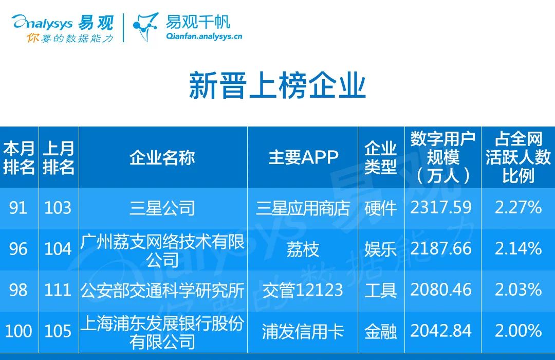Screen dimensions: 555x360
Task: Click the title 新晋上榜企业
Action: (x=277, y=85)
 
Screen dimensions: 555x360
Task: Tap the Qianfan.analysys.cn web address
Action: (x=204, y=36)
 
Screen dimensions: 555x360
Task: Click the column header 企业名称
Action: (x=162, y=158)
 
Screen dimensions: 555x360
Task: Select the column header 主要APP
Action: (x=303, y=157)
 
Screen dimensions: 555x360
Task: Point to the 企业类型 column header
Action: (x=380, y=157)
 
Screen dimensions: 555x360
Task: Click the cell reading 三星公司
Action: (x=162, y=208)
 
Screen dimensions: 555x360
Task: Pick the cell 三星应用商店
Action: (x=303, y=208)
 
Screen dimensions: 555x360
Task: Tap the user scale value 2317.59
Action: (x=441, y=208)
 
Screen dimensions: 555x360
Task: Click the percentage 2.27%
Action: (x=518, y=208)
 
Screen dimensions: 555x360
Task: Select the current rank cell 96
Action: (x=18, y=249)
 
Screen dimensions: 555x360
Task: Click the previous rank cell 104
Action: (x=58, y=249)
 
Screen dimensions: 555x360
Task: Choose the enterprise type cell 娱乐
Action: (x=380, y=249)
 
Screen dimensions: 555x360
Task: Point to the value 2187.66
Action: (x=441, y=249)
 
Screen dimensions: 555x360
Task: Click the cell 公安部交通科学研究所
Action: (x=162, y=290)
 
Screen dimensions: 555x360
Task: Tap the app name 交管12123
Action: (x=303, y=290)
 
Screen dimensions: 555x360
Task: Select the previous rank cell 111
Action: (x=58, y=290)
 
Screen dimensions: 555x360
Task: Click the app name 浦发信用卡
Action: (x=303, y=332)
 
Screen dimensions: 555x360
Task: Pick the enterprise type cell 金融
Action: (x=380, y=332)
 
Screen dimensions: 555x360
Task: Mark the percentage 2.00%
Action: (x=518, y=331)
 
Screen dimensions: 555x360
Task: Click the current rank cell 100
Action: (x=18, y=331)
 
